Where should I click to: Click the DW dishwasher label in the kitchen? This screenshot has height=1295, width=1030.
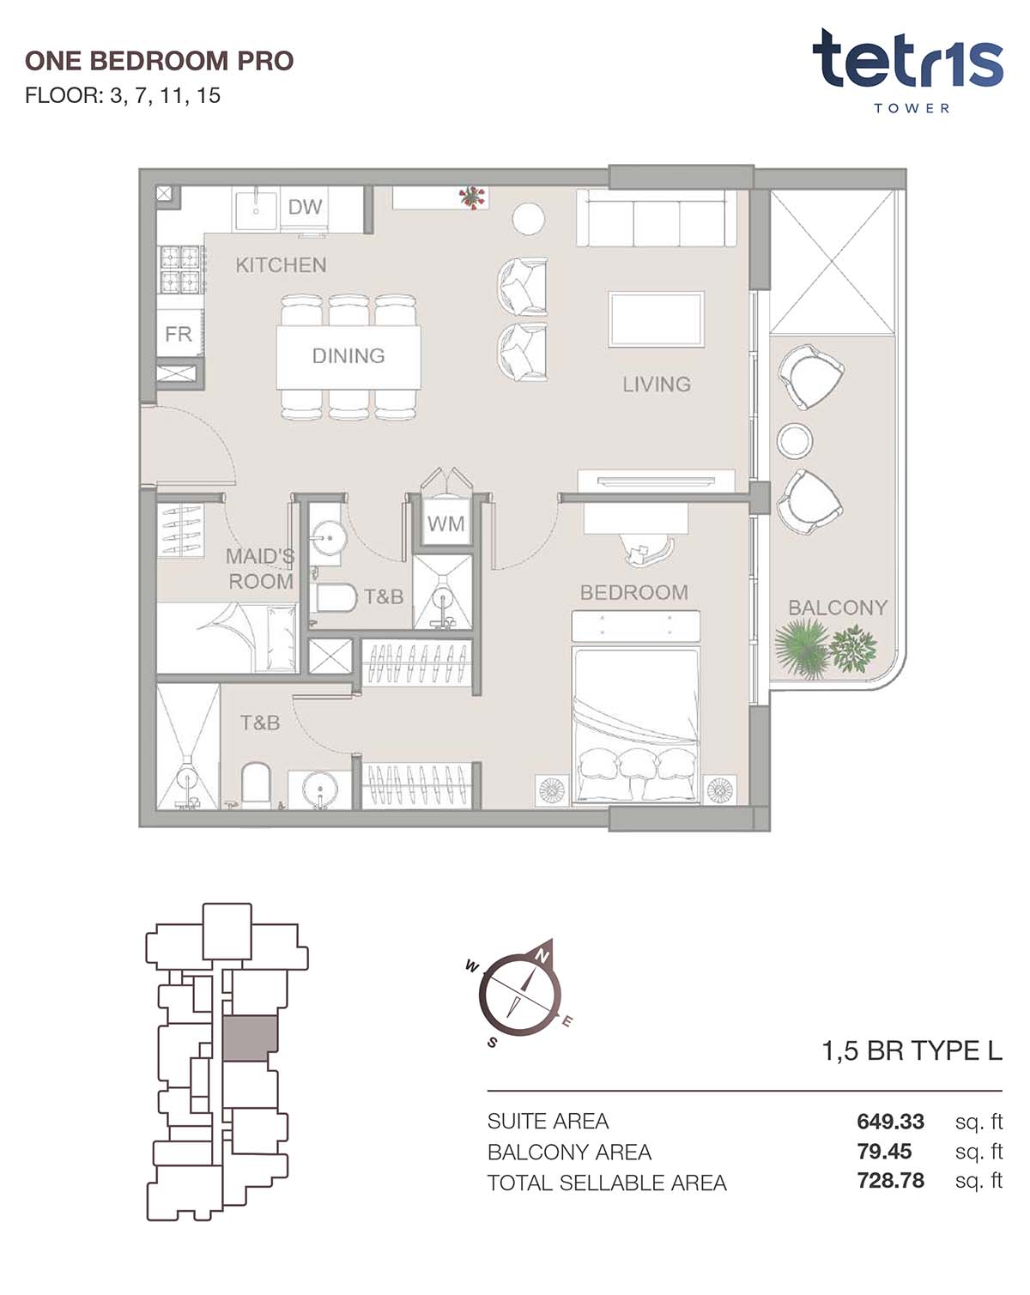tap(305, 207)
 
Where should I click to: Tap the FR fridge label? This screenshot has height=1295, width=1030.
tap(179, 334)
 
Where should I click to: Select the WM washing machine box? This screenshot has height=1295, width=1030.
tap(445, 523)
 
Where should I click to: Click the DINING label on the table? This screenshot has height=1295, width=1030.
tap(348, 355)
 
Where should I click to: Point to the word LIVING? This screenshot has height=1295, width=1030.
tap(656, 384)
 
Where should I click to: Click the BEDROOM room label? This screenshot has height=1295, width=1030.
tap(634, 592)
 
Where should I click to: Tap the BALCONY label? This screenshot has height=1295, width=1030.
tap(838, 608)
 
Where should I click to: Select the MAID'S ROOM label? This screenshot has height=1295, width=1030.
tap(261, 569)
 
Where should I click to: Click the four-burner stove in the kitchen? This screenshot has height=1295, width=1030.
tap(180, 269)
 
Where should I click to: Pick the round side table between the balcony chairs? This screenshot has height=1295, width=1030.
tap(795, 440)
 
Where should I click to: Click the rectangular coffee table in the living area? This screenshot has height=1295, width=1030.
tap(656, 319)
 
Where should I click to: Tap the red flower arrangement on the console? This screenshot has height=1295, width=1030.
tap(472, 197)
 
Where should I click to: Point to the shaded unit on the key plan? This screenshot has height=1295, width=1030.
tap(250, 1038)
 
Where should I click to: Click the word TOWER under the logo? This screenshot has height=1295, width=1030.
tap(912, 108)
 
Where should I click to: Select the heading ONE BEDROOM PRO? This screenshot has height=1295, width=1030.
tap(160, 61)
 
